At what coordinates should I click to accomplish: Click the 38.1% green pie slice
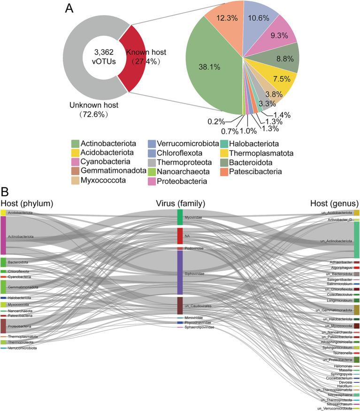tap(211, 80)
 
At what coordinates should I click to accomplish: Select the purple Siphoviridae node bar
tap(180, 273)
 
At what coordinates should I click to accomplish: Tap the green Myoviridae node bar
tap(180, 217)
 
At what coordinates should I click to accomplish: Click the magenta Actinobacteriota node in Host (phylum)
tap(3, 236)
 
